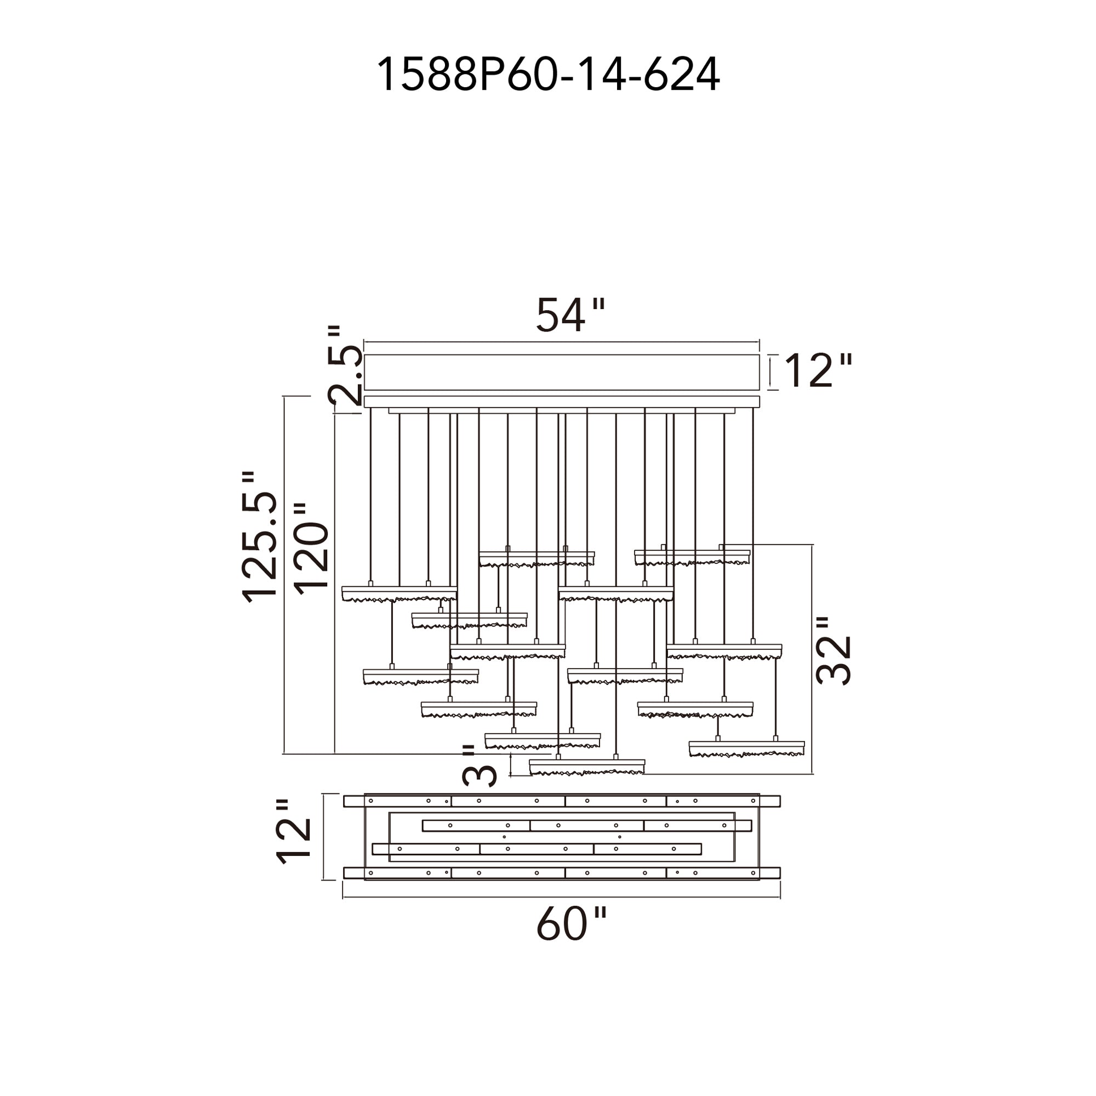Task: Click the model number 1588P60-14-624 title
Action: click(548, 75)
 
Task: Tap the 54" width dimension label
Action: click(569, 316)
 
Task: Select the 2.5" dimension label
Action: click(345, 366)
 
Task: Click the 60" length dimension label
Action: click(570, 924)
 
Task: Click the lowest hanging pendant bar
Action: click(586, 767)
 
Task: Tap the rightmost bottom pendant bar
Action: click(746, 748)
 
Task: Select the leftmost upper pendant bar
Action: click(399, 593)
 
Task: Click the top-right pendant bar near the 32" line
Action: click(692, 557)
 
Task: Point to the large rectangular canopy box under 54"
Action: click(561, 372)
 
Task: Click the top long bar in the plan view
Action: click(562, 801)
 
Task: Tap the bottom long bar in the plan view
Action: click(562, 872)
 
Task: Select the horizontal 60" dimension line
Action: click(562, 898)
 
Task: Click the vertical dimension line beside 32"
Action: click(812, 658)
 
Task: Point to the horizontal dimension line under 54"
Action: click(561, 342)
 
